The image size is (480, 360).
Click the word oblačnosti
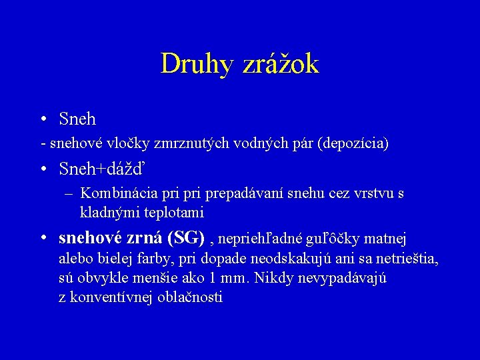(x=190, y=297)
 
